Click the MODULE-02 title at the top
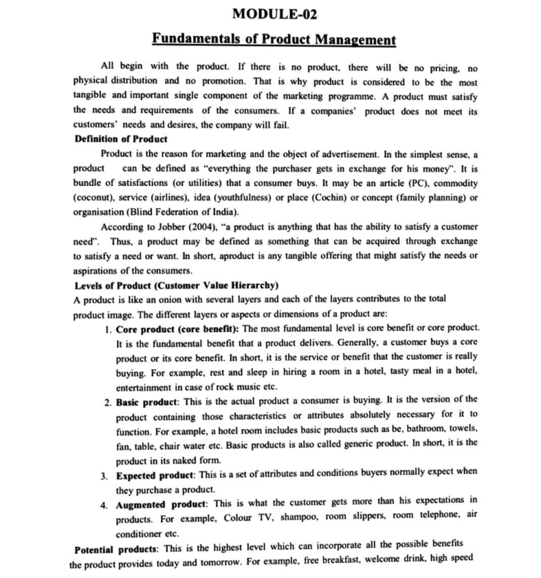(275, 14)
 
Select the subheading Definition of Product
(121, 139)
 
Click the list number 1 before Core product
(107, 329)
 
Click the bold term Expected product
(155, 476)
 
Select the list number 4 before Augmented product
(104, 505)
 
